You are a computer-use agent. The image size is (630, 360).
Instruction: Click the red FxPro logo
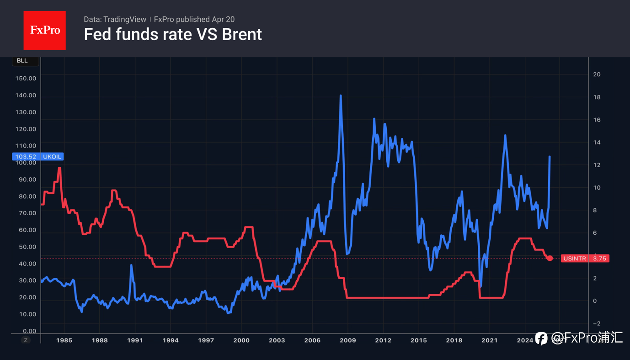(x=44, y=30)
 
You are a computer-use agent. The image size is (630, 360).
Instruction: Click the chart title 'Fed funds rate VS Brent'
(x=173, y=34)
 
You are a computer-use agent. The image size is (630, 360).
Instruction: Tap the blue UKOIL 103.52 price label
(x=37, y=157)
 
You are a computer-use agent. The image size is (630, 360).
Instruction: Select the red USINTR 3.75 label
(x=585, y=259)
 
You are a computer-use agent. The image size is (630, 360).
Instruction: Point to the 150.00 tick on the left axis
(x=26, y=78)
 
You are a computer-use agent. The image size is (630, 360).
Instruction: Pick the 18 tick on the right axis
(x=597, y=97)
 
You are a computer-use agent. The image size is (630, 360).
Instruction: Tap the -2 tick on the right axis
(x=596, y=323)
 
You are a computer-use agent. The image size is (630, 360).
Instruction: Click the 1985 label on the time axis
(x=64, y=340)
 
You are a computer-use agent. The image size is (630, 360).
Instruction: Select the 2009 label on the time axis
(x=347, y=340)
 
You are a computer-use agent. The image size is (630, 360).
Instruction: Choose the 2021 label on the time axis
(x=489, y=340)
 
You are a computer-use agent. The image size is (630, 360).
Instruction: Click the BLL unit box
(x=22, y=61)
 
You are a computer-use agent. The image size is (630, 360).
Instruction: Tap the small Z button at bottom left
(x=26, y=340)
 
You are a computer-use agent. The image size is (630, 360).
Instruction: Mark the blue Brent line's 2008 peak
(x=341, y=95)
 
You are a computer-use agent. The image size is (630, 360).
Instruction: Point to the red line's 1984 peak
(x=59, y=168)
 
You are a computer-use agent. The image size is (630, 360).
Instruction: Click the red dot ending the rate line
(x=550, y=258)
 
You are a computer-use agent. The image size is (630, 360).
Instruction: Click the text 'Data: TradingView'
(x=115, y=19)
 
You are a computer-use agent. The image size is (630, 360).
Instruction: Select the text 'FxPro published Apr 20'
(x=194, y=19)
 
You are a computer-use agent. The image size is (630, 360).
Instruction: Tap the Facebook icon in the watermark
(x=541, y=338)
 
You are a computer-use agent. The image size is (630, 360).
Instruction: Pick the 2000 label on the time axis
(x=241, y=340)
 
